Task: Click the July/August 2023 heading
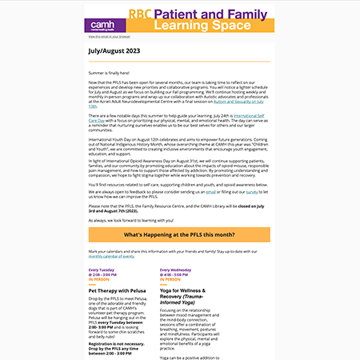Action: pyautogui.click(x=113, y=50)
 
